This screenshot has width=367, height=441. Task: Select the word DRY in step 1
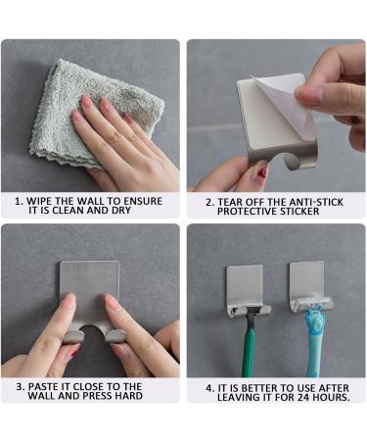127,209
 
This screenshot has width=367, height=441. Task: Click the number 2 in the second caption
207,200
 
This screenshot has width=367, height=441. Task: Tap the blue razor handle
314,355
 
